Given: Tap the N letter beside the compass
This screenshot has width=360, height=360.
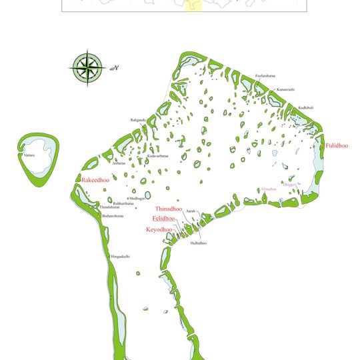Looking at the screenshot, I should [x=115, y=67].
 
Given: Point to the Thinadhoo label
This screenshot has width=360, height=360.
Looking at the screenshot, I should [x=169, y=209].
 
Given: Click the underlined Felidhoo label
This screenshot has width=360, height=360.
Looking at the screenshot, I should [x=163, y=219].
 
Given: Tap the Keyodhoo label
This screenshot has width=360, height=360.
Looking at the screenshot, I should [x=159, y=229].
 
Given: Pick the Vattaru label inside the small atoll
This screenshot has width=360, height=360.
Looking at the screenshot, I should [x=29, y=155].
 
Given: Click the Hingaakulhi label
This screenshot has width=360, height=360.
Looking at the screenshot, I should [x=121, y=257].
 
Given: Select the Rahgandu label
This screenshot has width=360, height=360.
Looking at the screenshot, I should [x=138, y=121].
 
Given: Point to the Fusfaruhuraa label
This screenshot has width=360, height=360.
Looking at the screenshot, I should [x=265, y=77].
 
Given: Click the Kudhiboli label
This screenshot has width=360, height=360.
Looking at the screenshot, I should [x=305, y=107].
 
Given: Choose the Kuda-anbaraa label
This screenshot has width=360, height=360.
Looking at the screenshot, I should [x=158, y=156].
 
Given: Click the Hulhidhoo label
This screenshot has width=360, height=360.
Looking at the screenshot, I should [x=198, y=243].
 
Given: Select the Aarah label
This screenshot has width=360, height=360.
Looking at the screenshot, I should [x=191, y=211].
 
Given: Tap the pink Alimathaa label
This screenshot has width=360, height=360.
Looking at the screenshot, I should [x=269, y=189].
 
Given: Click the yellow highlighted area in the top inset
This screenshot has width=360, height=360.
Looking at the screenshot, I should [x=193, y=6].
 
